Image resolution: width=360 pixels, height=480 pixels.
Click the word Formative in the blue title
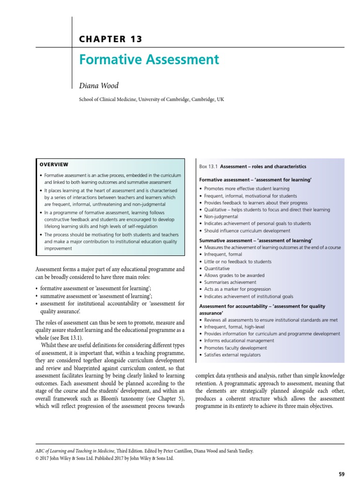[x=105, y=60]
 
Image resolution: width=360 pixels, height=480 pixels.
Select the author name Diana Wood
[x=99, y=85]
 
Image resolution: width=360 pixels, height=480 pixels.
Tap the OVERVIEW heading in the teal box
[x=54, y=165]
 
